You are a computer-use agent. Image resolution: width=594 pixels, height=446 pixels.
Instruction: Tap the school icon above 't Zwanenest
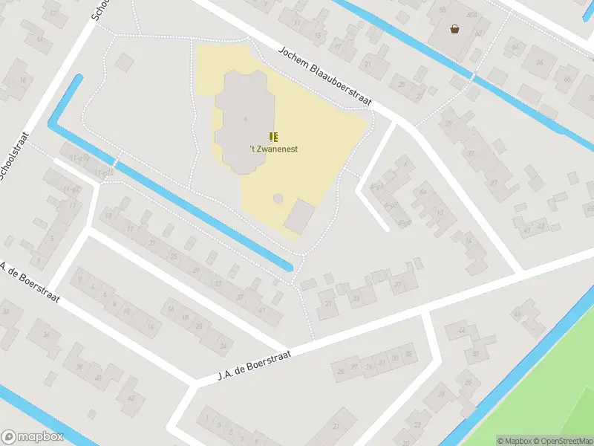pyautogui.click(x=274, y=136)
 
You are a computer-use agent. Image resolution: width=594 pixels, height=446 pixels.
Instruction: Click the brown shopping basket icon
pyautogui.click(x=454, y=30)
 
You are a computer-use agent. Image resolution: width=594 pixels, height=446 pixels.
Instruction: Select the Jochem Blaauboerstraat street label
pyautogui.click(x=324, y=77)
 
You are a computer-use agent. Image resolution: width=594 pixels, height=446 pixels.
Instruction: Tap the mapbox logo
pyautogui.click(x=31, y=437)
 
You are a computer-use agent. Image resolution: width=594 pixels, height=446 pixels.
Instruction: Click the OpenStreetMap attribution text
pyautogui.click(x=562, y=441)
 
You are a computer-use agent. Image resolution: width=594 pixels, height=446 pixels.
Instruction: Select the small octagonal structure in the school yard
pyautogui.click(x=278, y=198)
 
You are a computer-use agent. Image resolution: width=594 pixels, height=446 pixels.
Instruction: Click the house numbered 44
pyautogui.click(x=462, y=330)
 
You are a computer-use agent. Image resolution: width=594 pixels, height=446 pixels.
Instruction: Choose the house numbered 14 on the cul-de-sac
pyautogui.click(x=469, y=241)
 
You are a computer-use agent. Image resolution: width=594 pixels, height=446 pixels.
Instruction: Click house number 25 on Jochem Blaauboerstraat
pyautogui.click(x=401, y=84)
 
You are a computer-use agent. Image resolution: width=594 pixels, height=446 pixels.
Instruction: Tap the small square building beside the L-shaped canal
pyautogui.click(x=299, y=216)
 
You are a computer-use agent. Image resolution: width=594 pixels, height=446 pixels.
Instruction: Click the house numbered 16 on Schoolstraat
pyautogui.click(x=22, y=80)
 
